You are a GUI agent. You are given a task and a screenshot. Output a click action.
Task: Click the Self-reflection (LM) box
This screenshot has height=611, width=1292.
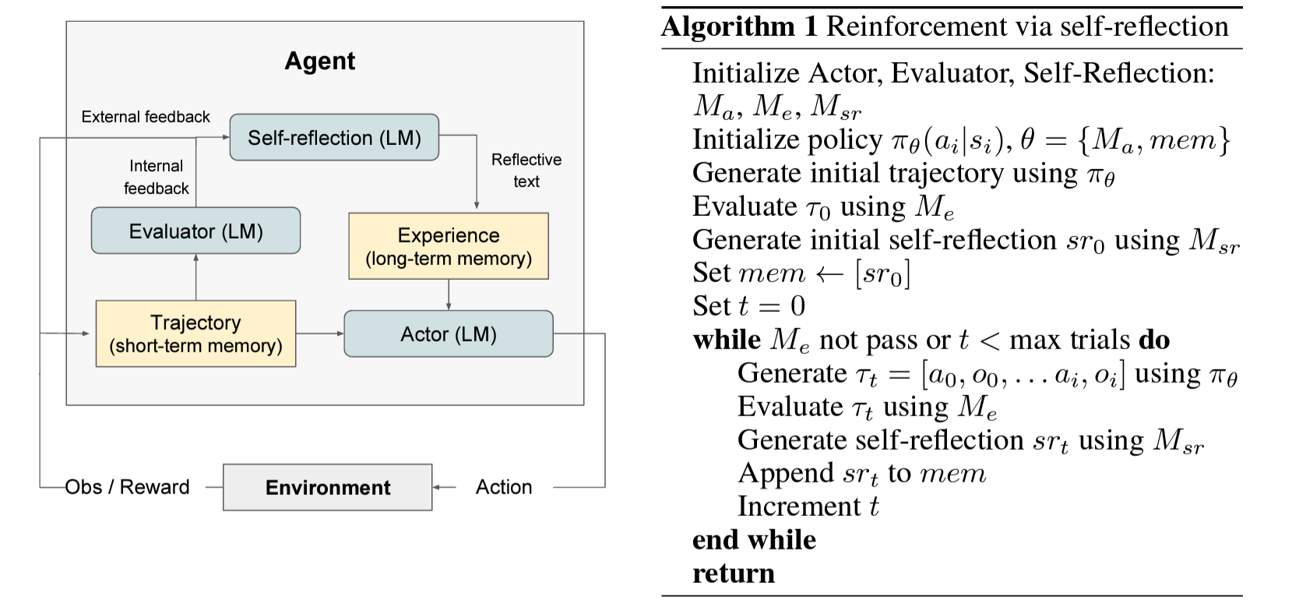(x=334, y=138)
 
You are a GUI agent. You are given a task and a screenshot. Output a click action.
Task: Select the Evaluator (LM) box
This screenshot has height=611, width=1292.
(x=195, y=231)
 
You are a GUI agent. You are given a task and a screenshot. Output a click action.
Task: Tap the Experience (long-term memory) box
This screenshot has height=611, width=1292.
(x=449, y=246)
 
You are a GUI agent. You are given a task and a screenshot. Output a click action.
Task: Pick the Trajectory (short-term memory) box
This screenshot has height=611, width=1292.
(x=195, y=334)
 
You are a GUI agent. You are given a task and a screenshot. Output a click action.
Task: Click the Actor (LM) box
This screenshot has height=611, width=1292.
(x=449, y=334)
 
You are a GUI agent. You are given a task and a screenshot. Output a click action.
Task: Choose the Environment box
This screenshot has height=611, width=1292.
(x=327, y=488)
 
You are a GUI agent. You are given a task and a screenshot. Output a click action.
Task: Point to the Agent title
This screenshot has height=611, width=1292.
(x=319, y=61)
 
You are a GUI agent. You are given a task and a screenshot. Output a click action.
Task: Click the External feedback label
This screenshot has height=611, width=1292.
(x=146, y=117)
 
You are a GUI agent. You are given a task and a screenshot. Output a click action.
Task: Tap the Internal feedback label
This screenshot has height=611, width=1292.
(x=156, y=177)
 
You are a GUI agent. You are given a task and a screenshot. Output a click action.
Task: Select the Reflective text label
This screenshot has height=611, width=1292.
(x=526, y=170)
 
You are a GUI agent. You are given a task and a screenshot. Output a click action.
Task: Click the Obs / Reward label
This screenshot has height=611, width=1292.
(x=127, y=487)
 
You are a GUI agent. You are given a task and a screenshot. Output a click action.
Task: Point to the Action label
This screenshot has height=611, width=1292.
(x=504, y=487)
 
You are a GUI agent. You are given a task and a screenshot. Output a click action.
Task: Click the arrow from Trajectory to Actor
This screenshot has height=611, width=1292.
(x=320, y=334)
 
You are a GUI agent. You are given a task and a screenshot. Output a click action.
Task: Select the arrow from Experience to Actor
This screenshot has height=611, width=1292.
(x=449, y=295)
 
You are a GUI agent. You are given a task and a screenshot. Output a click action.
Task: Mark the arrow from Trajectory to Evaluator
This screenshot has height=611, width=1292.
(x=195, y=277)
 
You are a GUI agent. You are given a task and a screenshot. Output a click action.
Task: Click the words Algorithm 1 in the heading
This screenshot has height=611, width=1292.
(x=739, y=26)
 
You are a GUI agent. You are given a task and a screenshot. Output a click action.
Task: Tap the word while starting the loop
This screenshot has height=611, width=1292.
(x=726, y=340)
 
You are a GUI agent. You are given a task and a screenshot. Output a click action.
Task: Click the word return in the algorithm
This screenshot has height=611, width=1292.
(x=733, y=574)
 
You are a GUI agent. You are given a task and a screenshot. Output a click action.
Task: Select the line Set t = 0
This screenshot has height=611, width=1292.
(x=748, y=306)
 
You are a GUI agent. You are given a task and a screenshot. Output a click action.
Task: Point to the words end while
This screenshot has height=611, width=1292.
(x=754, y=540)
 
